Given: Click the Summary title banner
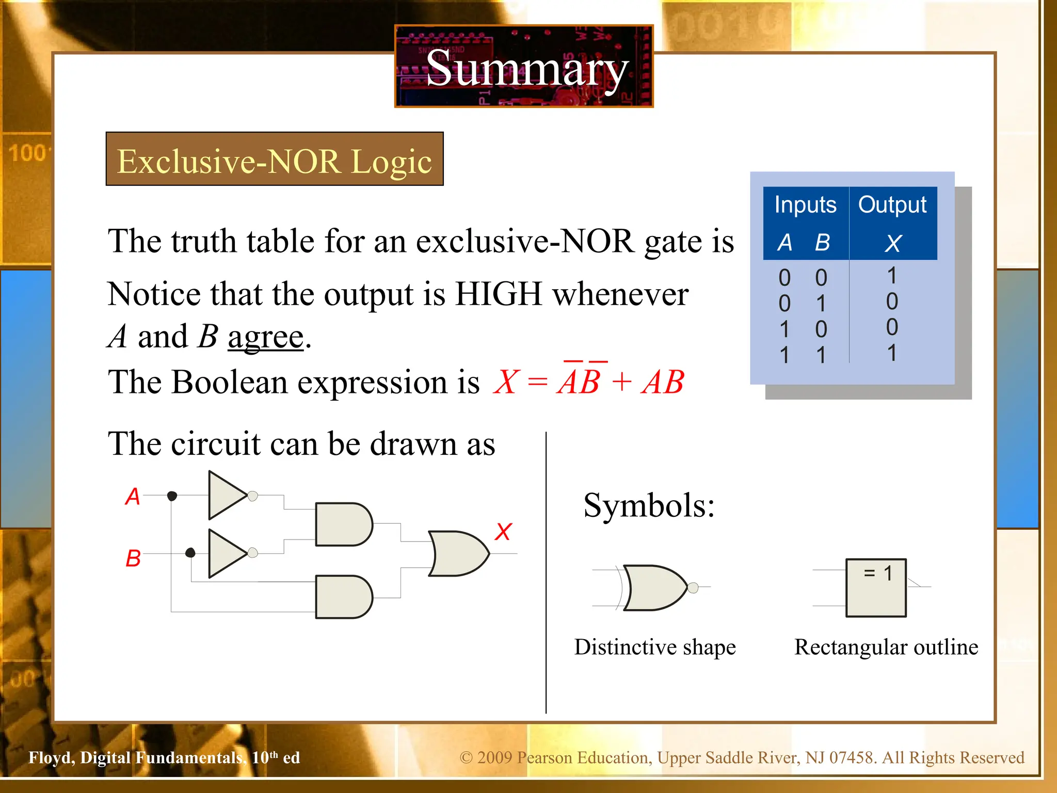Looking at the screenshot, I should pyautogui.click(x=524, y=67).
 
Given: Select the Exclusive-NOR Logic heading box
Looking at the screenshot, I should pyautogui.click(x=275, y=159).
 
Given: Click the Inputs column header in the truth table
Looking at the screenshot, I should pyautogui.click(x=805, y=205).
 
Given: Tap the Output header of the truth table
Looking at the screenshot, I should pyautogui.click(x=892, y=205).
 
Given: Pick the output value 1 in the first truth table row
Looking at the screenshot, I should pyautogui.click(x=892, y=276).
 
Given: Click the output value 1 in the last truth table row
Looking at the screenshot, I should pyautogui.click(x=892, y=353).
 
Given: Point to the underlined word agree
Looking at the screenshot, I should pyautogui.click(x=265, y=337).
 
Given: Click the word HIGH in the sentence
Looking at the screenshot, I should pyautogui.click(x=499, y=294).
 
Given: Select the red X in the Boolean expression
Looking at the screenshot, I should pyautogui.click(x=505, y=383).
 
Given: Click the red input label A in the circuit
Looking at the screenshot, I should pyautogui.click(x=133, y=497).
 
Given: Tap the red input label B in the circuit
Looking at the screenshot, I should pyautogui.click(x=133, y=558).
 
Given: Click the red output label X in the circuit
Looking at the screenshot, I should pyautogui.click(x=503, y=531).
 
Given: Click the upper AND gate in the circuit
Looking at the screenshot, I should pyautogui.click(x=343, y=524).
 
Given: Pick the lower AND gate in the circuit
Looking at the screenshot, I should pyautogui.click(x=343, y=597).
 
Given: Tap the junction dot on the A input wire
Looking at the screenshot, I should pyautogui.click(x=172, y=496).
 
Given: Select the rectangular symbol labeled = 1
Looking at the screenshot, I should pyautogui.click(x=876, y=588).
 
